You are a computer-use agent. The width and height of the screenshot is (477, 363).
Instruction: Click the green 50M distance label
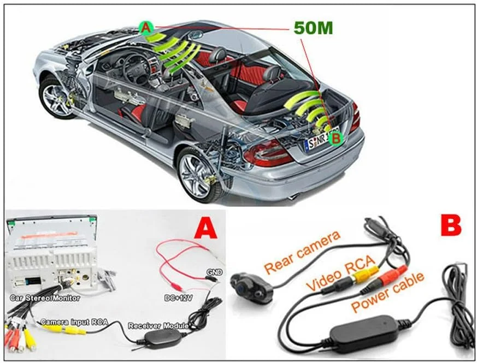(313, 28)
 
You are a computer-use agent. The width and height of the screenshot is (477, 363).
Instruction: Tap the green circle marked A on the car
(145, 27)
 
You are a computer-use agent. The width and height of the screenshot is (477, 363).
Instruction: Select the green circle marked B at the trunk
(336, 139)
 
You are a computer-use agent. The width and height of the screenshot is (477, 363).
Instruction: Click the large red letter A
(206, 228)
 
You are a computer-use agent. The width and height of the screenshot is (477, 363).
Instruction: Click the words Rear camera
(302, 252)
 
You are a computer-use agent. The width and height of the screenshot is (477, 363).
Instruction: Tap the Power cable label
(387, 294)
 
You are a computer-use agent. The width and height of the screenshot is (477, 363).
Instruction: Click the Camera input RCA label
(73, 322)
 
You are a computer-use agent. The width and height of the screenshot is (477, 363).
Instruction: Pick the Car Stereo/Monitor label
(45, 297)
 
